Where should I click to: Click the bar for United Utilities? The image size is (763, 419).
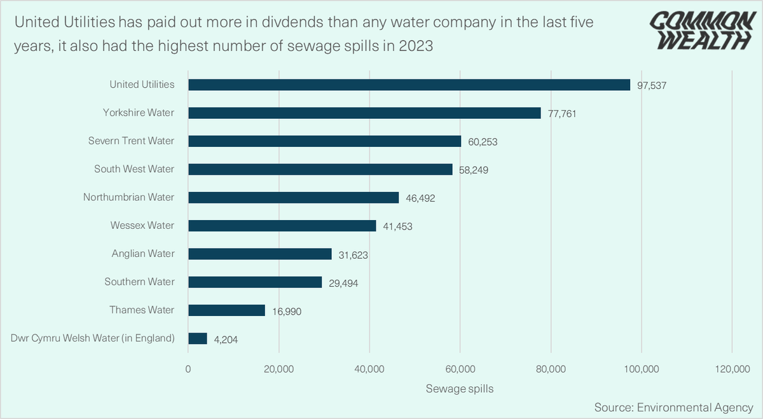tap(409, 85)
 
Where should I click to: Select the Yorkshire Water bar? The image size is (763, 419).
tap(364, 113)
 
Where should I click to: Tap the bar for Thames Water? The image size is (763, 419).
tap(226, 310)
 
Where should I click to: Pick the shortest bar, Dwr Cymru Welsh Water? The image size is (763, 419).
tap(198, 338)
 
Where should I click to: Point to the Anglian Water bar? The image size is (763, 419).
tap(260, 254)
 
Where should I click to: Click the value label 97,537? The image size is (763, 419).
tap(652, 85)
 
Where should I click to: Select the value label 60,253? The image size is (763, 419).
tap(483, 142)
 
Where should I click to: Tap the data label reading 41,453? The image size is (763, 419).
tap(397, 226)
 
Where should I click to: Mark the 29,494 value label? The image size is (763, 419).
tap(343, 283)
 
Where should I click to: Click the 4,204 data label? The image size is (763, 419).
tap(226, 340)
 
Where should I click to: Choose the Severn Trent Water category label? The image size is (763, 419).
tap(131, 141)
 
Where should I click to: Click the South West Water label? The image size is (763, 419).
tap(134, 169)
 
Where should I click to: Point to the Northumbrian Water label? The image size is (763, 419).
tap(128, 197)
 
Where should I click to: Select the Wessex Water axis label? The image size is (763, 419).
tap(142, 225)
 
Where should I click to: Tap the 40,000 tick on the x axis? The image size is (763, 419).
tap(369, 369)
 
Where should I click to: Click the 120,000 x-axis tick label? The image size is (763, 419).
tap(732, 369)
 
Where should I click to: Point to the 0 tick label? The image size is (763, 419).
tap(188, 369)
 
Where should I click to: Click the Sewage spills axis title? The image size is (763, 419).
tap(460, 388)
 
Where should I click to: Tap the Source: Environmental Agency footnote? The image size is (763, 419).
tap(673, 406)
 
